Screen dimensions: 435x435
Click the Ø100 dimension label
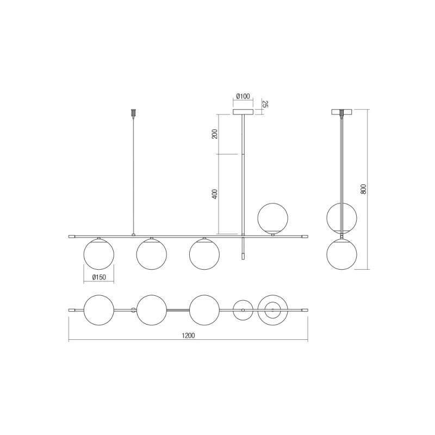[243, 97]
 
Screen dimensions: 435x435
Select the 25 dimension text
[265, 104]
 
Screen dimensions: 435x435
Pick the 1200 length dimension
[188, 335]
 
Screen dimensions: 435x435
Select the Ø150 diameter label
[98, 277]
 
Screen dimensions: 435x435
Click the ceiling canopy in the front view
[243, 113]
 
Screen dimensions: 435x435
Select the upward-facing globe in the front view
[273, 217]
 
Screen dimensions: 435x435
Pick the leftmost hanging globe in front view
[98, 254]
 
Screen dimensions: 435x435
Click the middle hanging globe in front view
[151, 254]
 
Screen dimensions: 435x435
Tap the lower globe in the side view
[341, 254]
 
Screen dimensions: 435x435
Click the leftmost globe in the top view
[98, 310]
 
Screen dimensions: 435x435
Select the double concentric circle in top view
[271, 310]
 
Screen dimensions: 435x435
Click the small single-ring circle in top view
[243, 310]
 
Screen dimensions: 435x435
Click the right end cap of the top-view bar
[304, 310]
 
